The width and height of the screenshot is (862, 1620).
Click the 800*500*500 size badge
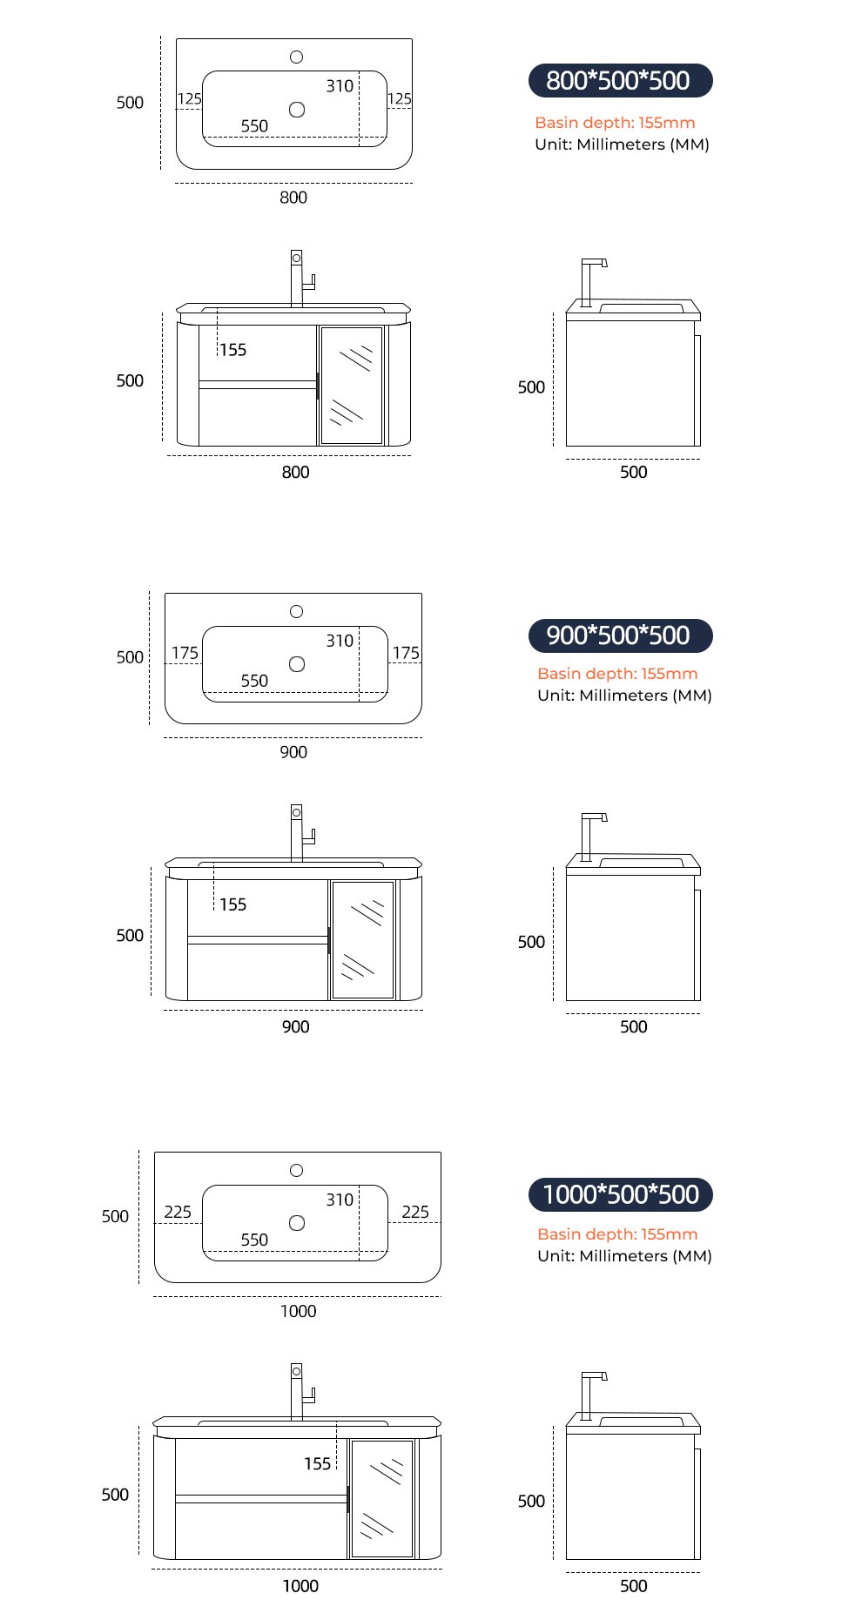click(x=620, y=81)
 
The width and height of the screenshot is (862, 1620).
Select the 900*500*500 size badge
click(x=620, y=635)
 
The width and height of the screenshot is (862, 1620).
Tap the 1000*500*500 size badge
click(x=620, y=1194)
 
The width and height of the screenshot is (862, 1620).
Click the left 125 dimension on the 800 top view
click(x=190, y=98)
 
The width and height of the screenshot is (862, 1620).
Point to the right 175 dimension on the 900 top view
click(x=406, y=653)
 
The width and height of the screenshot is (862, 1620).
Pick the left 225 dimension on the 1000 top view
click(x=178, y=1212)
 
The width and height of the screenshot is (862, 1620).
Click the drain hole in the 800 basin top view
click(x=297, y=110)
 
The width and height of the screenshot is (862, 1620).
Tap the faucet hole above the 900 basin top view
click(x=296, y=612)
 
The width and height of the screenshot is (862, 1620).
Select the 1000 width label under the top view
click(x=298, y=1311)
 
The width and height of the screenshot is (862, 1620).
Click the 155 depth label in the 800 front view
click(x=232, y=350)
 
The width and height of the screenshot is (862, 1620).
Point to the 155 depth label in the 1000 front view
click(x=318, y=1464)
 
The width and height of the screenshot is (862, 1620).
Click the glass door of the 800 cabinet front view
click(x=352, y=386)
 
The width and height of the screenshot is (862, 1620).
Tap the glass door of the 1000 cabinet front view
click(x=381, y=1498)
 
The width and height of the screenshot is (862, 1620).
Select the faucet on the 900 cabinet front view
click(x=297, y=832)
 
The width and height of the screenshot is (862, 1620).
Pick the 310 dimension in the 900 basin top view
click(x=340, y=641)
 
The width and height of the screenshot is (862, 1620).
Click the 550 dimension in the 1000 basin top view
click(x=254, y=1240)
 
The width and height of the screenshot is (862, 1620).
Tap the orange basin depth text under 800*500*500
click(x=615, y=123)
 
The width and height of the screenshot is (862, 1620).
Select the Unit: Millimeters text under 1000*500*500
click(x=624, y=1256)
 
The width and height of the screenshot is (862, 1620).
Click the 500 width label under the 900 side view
click(x=634, y=1027)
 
